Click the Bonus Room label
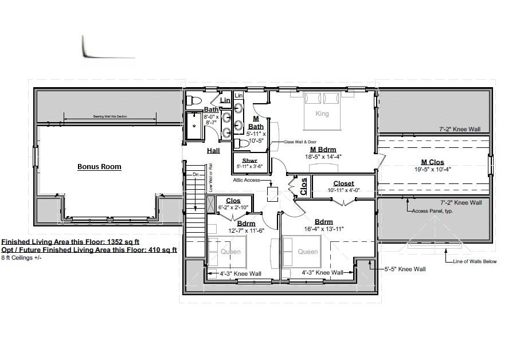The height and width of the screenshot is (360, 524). [99, 167]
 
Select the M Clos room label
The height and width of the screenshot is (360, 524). [432, 162]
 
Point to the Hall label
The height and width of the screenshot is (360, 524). [213, 150]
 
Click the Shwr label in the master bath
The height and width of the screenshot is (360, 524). [249, 161]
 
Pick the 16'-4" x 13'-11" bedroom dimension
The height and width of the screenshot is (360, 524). [324, 229]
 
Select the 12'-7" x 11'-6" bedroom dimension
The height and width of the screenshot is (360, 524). [246, 230]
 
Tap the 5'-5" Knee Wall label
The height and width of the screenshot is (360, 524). [404, 269]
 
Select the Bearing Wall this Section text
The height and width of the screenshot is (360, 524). [110, 116]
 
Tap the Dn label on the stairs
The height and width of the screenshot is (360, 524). [195, 174]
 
